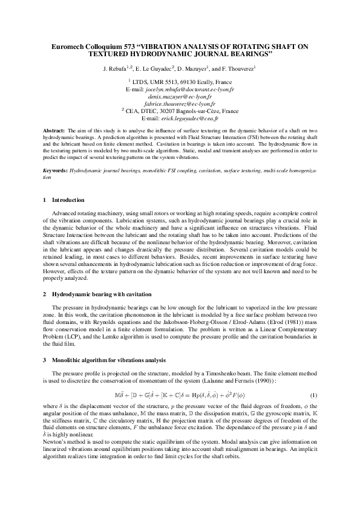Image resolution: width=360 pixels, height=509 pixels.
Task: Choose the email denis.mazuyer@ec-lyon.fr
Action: coord(180,96)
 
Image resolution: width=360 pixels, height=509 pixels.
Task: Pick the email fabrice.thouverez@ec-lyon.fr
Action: coord(180,103)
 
